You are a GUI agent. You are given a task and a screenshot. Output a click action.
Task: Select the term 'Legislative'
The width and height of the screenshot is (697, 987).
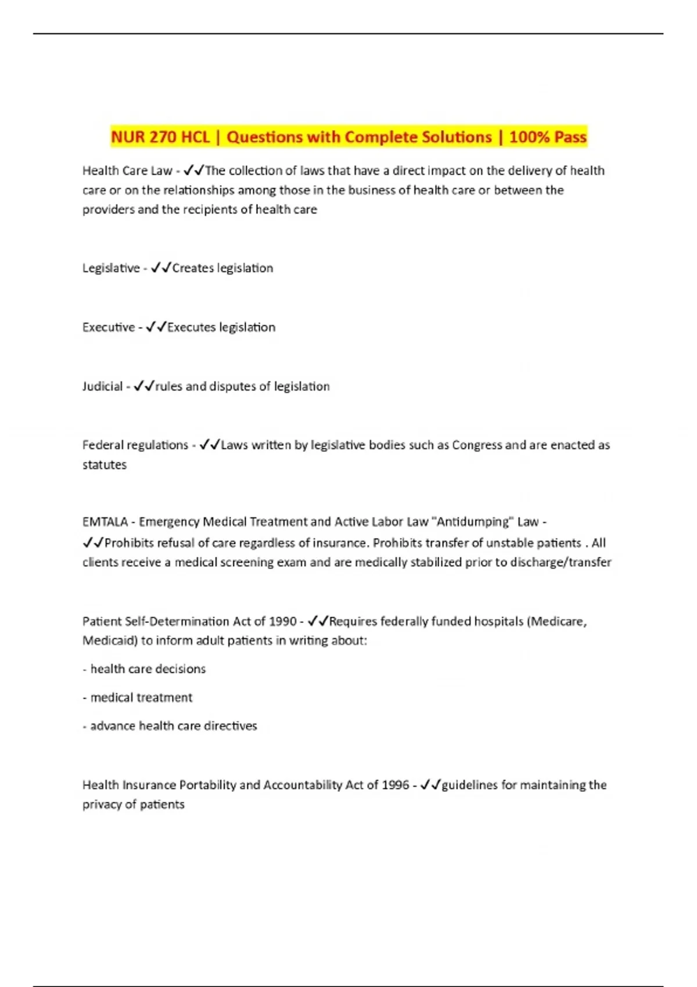[111, 268]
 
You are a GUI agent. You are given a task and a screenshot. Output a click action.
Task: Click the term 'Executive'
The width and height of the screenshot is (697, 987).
[109, 327]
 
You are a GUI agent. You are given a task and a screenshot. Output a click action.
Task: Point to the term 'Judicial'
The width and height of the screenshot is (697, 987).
[102, 387]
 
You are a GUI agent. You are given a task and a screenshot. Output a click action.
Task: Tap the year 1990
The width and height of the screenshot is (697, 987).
[283, 622]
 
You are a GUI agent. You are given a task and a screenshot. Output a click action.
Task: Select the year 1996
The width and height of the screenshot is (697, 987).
[395, 785]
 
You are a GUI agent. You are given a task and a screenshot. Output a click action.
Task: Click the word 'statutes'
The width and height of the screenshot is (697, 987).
[105, 465]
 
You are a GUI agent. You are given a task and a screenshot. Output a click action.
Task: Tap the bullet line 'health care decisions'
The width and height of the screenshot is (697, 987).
[148, 669]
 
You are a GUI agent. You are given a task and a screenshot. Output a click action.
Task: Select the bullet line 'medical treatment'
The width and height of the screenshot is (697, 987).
[141, 697]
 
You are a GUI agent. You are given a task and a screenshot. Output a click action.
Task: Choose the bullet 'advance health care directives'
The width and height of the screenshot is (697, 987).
[173, 726]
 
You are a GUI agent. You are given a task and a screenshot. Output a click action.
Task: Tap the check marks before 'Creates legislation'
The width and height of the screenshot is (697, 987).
[160, 268]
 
